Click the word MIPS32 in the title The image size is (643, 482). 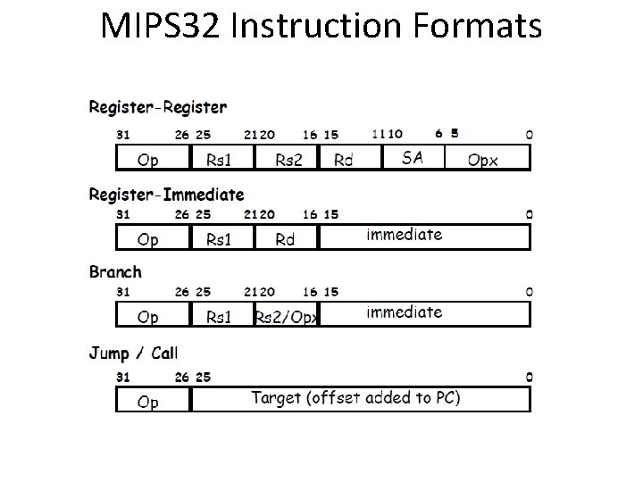pos(161,27)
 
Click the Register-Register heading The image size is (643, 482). pos(158,107)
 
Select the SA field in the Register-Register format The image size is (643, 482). pos(413,157)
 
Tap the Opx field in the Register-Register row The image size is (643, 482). pos(483,161)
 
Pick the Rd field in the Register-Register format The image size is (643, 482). pos(343,161)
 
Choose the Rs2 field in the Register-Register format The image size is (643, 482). pos(288,161)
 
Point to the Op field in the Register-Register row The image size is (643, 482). pos(148,161)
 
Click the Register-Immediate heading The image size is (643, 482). pos(166,194)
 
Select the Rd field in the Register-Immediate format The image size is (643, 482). pos(285,239)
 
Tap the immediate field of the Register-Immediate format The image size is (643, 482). pos(404,235)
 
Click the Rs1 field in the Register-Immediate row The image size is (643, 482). pos(219,239)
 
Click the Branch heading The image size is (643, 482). pos(115,271)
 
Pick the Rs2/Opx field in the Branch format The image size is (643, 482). pos(286,317)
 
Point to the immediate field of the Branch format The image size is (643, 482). pos(404,312)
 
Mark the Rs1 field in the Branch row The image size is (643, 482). pos(219,317)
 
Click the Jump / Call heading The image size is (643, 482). pos(133,353)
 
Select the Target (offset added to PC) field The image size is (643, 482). pos(355,398)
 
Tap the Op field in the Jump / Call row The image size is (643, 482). pos(148,402)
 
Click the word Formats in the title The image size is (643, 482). pos(479,27)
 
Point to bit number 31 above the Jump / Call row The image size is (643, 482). pos(124,377)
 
